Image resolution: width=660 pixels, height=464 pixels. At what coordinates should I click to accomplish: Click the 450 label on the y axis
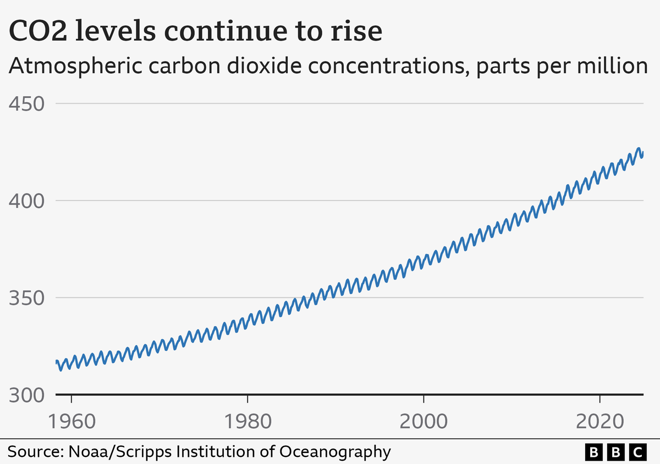point(25,103)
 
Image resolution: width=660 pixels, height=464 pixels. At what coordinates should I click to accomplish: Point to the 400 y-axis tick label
point(25,201)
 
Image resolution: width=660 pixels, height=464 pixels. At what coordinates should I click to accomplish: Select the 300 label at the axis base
point(25,395)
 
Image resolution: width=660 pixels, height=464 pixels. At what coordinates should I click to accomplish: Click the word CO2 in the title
point(42,32)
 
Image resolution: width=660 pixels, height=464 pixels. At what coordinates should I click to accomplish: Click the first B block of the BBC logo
point(593,452)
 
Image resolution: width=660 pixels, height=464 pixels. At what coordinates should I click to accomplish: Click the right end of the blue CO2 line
point(642,154)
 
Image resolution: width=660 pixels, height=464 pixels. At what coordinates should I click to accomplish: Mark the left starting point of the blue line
point(56,361)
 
